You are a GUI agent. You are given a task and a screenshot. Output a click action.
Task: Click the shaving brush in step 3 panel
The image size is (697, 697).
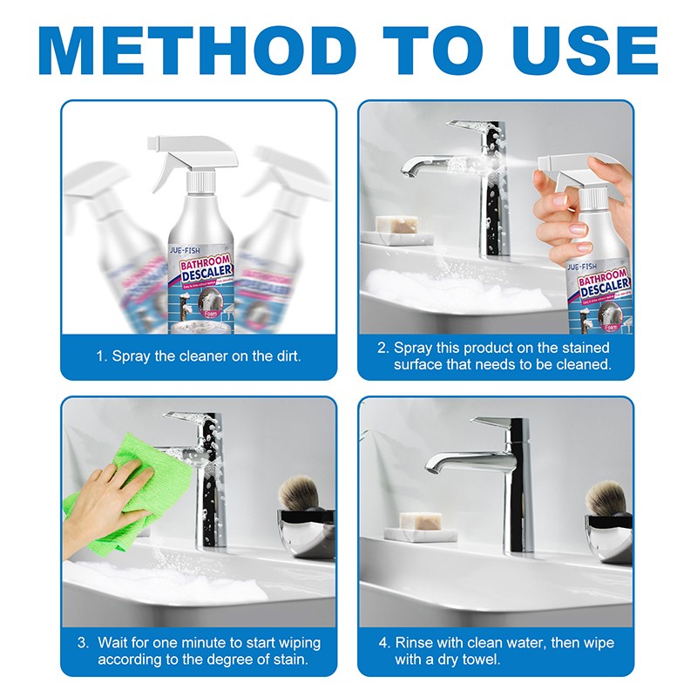(305, 497)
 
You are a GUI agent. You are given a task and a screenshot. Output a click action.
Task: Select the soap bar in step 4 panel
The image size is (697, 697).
(418, 521)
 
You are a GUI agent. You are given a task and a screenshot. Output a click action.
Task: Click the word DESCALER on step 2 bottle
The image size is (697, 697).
(599, 288)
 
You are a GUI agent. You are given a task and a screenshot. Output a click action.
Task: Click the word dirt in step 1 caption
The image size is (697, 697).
(285, 357)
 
